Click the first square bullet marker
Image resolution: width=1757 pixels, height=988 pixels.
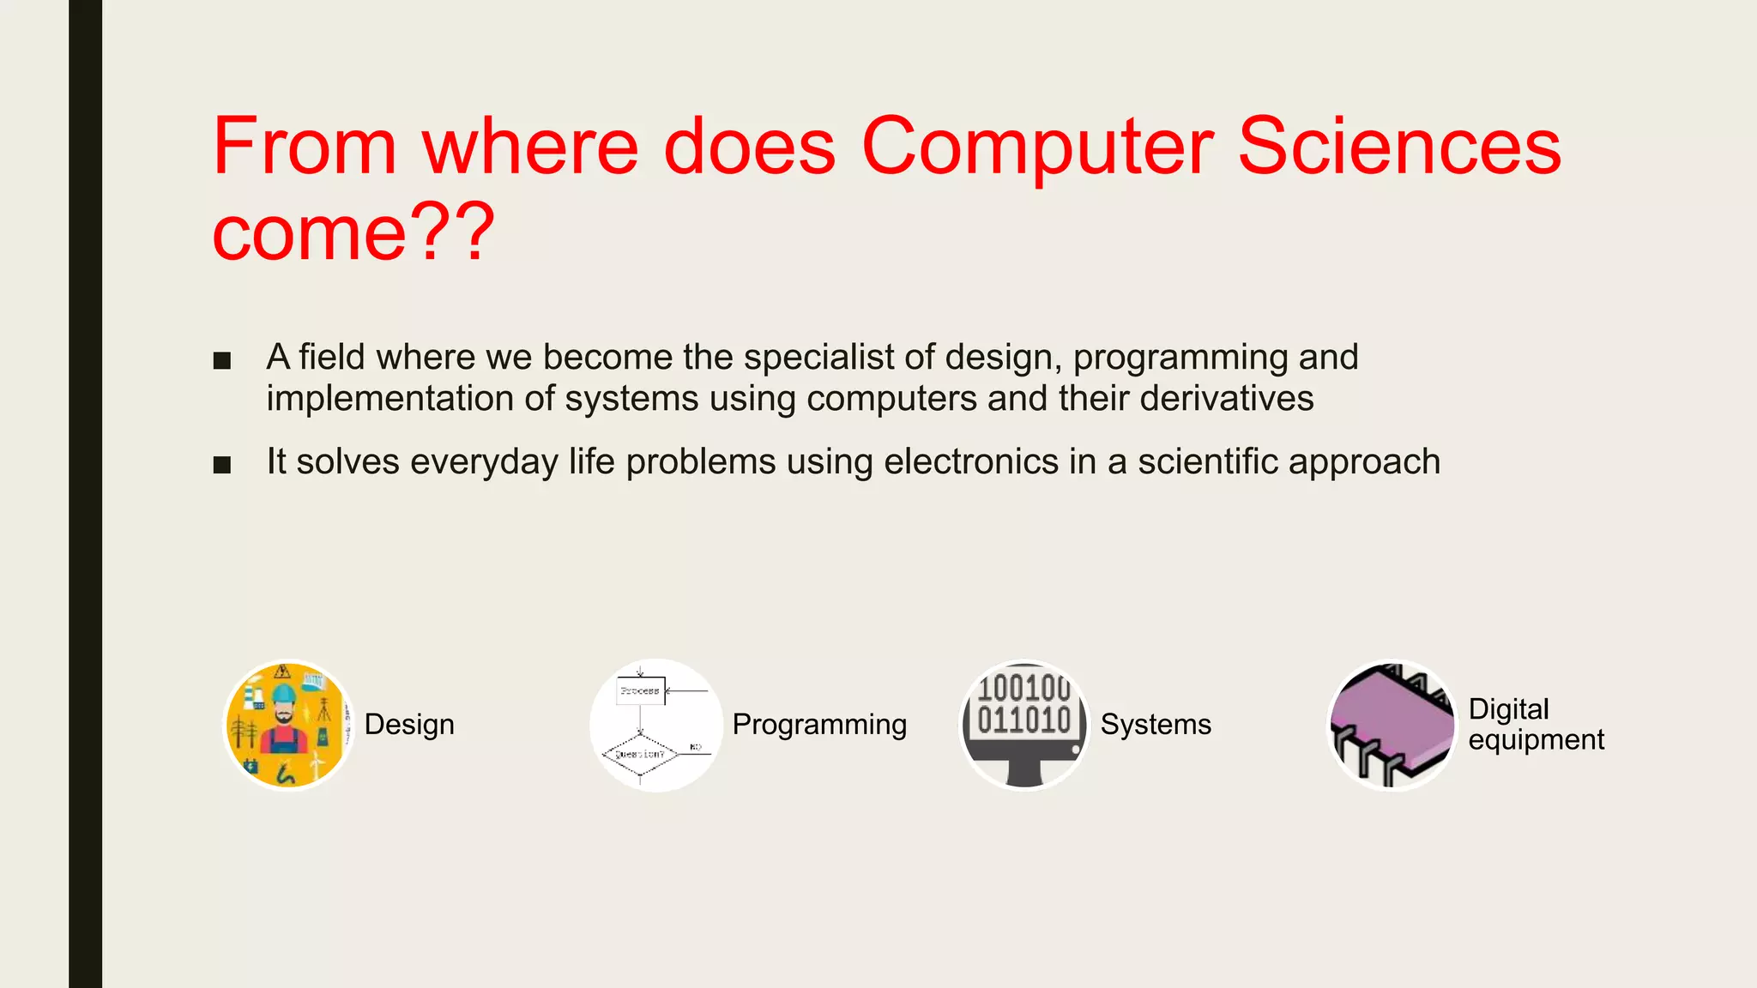click(x=222, y=360)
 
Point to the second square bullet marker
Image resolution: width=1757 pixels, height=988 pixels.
click(x=222, y=465)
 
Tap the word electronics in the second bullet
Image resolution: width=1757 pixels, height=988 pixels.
click(x=971, y=462)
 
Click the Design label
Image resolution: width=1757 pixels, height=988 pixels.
click(x=409, y=725)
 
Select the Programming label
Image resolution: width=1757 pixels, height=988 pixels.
click(x=819, y=725)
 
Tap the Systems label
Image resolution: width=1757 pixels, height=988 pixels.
click(x=1156, y=725)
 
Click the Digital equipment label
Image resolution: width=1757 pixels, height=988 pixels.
click(x=1535, y=724)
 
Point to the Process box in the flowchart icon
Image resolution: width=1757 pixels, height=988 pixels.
click(x=640, y=690)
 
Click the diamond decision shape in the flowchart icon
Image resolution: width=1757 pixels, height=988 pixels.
click(x=640, y=754)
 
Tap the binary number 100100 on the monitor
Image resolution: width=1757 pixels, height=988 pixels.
click(x=1023, y=688)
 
